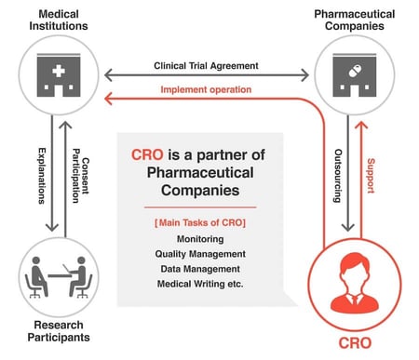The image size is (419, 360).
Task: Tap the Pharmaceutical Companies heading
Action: click(358, 20)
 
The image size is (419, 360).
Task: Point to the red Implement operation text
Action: click(206, 89)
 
